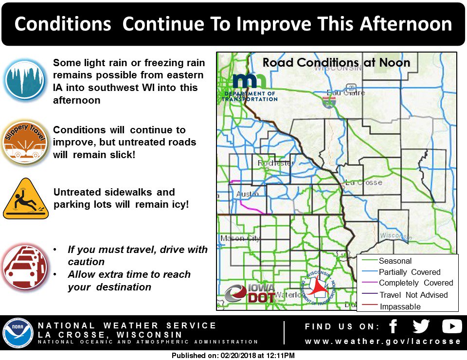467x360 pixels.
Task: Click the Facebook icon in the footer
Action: pos(394,326)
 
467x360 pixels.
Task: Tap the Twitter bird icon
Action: pos(421,326)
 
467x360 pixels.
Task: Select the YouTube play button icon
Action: pos(451,326)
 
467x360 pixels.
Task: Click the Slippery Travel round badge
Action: pos(25,143)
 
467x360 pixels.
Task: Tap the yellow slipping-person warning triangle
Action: pos(26,199)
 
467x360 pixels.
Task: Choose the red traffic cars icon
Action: pos(25,267)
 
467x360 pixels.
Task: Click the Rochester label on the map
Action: pos(276,163)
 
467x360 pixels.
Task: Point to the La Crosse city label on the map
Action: pos(363,182)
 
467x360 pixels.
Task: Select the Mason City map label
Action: pos(240,238)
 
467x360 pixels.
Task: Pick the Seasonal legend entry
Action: pos(395,261)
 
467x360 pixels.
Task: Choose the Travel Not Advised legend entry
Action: pos(413,295)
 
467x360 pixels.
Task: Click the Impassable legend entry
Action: pos(400,306)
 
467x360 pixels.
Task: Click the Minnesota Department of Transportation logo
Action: pos(250,88)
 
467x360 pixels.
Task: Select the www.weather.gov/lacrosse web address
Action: pos(383,341)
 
